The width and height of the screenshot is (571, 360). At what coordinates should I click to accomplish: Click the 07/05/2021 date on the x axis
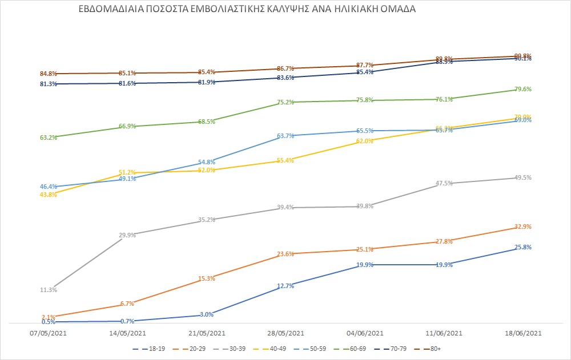49,333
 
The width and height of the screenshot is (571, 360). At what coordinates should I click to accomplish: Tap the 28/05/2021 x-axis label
285,333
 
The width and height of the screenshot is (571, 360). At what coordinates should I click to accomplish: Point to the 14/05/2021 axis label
127,333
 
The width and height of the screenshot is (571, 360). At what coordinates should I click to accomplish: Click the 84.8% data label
49,74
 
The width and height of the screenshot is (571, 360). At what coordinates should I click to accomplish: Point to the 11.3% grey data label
49,290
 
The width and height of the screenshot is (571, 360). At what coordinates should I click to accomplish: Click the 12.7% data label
285,286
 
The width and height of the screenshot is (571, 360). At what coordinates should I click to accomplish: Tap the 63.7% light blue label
285,136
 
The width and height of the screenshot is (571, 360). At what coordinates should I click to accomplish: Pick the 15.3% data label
207,278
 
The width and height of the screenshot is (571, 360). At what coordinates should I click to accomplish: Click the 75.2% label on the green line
285,102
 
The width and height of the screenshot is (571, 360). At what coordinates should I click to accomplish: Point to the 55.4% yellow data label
285,160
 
